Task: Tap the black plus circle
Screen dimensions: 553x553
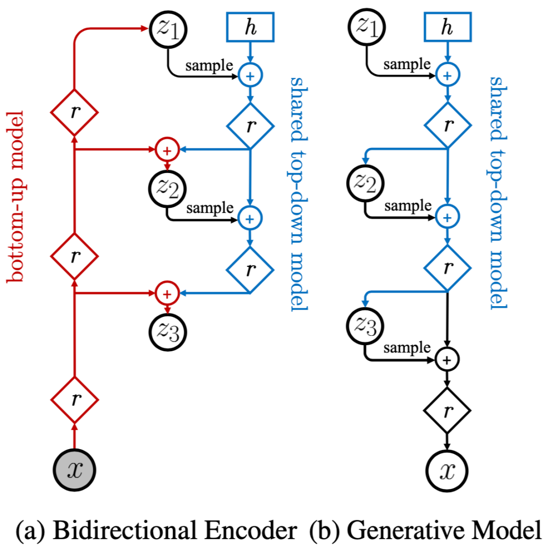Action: pyautogui.click(x=447, y=360)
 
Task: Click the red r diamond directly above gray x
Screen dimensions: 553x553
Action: pyautogui.click(x=75, y=399)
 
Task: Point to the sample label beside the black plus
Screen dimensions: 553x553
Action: pyautogui.click(x=408, y=348)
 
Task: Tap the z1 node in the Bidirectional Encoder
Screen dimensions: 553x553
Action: pyautogui.click(x=167, y=29)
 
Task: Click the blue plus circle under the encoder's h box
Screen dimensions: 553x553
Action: pyautogui.click(x=250, y=75)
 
